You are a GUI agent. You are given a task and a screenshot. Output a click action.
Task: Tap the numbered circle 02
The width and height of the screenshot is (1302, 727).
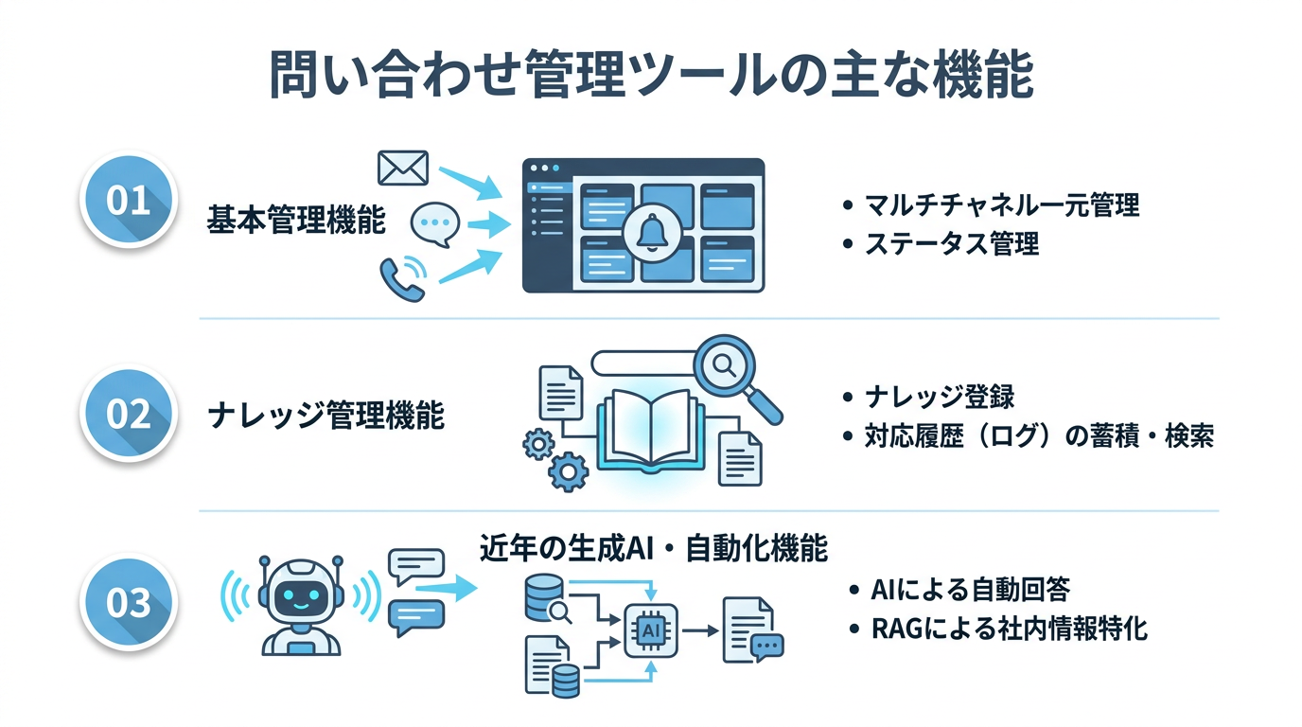[x=129, y=414]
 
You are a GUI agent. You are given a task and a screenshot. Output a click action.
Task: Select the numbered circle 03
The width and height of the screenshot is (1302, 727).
[x=129, y=602]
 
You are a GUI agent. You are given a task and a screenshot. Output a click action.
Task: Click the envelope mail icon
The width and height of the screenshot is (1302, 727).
[x=403, y=168]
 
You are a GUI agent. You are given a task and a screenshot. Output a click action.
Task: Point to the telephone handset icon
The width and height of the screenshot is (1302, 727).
[x=402, y=278]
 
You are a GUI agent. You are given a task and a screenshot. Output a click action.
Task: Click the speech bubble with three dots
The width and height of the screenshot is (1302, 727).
[x=434, y=224]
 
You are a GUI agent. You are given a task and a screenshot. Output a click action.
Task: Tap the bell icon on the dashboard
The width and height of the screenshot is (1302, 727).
[x=652, y=233]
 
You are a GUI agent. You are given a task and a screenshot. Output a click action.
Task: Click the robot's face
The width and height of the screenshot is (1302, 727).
[x=301, y=598]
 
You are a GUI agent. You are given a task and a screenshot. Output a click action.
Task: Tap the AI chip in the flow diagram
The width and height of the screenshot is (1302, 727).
[x=650, y=629]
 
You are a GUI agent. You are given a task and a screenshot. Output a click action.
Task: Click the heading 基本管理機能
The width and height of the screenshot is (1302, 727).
[x=296, y=220]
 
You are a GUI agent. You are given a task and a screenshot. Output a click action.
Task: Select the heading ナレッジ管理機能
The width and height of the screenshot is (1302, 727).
[x=326, y=416]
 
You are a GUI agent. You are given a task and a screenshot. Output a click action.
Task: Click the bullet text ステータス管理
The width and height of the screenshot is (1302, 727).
[x=952, y=243]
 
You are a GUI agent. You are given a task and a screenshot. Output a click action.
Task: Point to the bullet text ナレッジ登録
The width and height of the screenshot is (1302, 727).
[x=940, y=398]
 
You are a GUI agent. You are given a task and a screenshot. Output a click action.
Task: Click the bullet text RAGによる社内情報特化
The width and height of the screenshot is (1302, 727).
[x=1010, y=629]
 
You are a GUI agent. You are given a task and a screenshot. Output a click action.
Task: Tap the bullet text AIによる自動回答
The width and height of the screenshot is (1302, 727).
[x=970, y=590]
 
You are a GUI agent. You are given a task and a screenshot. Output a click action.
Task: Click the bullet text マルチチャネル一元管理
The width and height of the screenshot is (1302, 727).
[x=1002, y=204]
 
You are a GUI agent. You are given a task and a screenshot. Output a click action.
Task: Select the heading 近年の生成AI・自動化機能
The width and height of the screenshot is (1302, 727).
[x=654, y=548]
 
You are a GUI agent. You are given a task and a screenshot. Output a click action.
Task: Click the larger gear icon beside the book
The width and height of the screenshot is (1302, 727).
[x=568, y=471]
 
